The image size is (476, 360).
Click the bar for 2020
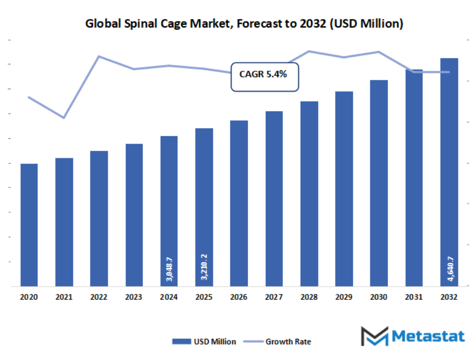click(x=29, y=225)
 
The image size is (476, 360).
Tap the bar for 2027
click(x=274, y=198)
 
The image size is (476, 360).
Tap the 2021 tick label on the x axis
click(x=64, y=298)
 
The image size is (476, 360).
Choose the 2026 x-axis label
click(x=239, y=298)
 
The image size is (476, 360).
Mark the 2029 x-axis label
click(x=343, y=298)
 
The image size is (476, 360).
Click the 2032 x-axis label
click(x=449, y=298)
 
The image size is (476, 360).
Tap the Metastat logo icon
click(x=374, y=336)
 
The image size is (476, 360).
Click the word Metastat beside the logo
click(x=428, y=336)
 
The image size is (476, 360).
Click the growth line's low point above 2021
click(x=64, y=118)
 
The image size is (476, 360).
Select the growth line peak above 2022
click(x=99, y=56)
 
